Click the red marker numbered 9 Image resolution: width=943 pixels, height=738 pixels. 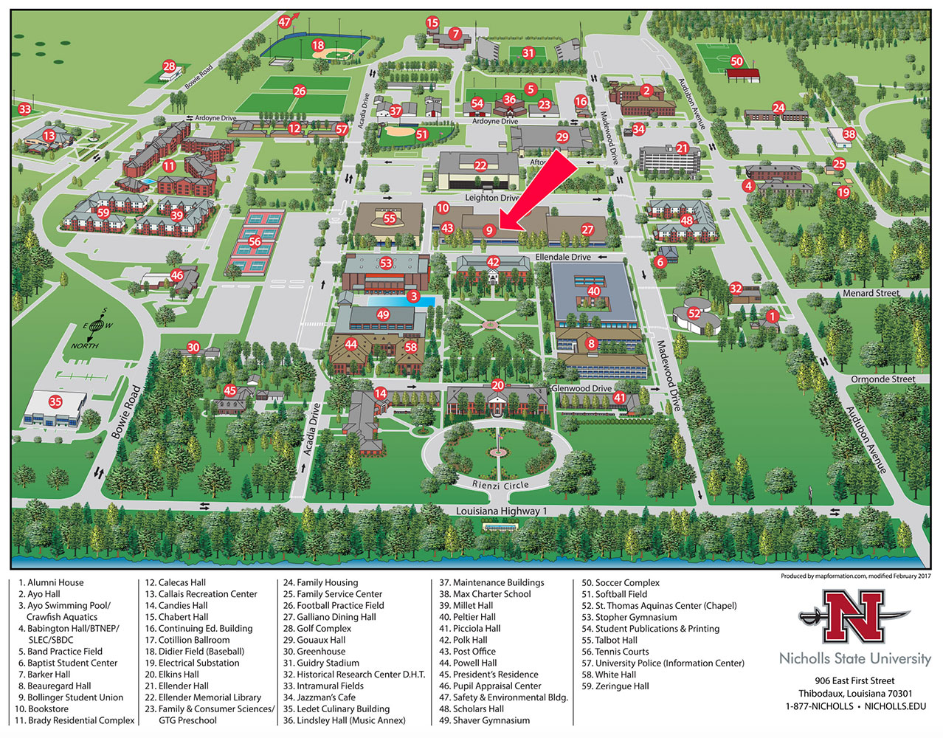488,230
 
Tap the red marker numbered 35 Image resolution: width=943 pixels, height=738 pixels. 55,402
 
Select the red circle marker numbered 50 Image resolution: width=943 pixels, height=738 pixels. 736,61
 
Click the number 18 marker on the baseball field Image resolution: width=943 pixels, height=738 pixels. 318,46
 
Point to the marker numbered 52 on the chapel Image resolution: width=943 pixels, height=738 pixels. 694,313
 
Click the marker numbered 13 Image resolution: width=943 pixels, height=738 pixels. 49,136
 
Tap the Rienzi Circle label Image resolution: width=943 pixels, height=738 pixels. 500,485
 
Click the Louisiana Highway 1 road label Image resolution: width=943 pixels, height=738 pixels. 501,511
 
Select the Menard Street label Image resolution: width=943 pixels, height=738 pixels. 871,293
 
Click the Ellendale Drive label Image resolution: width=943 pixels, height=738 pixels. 562,257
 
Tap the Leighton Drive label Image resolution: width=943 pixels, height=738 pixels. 491,198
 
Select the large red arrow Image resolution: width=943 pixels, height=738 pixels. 537,191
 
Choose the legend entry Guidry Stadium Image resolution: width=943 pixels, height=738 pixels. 328,663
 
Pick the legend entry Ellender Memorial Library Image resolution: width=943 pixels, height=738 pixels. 210,697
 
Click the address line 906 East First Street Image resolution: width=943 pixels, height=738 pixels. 854,680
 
